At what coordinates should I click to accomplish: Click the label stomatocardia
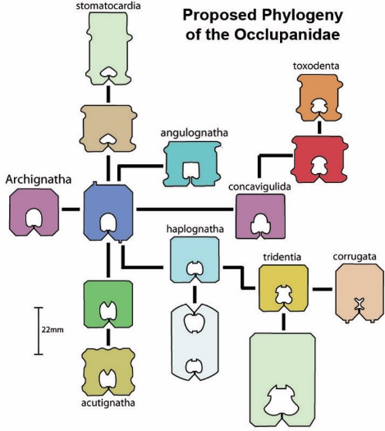pyautogui.click(x=108, y=6)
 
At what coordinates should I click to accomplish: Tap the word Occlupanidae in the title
pyautogui.click(x=286, y=35)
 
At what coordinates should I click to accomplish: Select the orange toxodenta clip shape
pyautogui.click(x=319, y=98)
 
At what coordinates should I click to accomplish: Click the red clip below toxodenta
pyautogui.click(x=319, y=159)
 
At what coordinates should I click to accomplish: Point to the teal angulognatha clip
pyautogui.click(x=192, y=164)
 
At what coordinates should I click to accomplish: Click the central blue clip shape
pyautogui.click(x=108, y=213)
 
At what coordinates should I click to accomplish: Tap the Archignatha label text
pyautogui.click(x=39, y=180)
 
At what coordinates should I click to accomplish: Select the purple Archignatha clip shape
pyautogui.click(x=34, y=213)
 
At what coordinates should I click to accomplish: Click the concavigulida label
pyautogui.click(x=259, y=186)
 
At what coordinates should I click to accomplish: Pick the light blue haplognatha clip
pyautogui.click(x=195, y=259)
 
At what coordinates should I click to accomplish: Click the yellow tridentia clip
pyautogui.click(x=283, y=288)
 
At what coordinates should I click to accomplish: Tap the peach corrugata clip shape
pyautogui.click(x=360, y=293)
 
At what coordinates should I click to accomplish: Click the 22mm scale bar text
pyautogui.click(x=53, y=329)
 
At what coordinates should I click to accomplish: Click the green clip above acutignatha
pyautogui.click(x=108, y=304)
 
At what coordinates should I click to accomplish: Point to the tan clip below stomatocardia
pyautogui.click(x=108, y=128)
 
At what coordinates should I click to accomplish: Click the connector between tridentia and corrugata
pyautogui.click(x=322, y=289)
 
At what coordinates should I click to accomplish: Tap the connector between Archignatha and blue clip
pyautogui.click(x=71, y=209)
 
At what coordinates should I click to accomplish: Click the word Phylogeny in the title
pyautogui.click(x=302, y=16)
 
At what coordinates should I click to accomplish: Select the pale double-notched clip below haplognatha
pyautogui.click(x=195, y=342)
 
